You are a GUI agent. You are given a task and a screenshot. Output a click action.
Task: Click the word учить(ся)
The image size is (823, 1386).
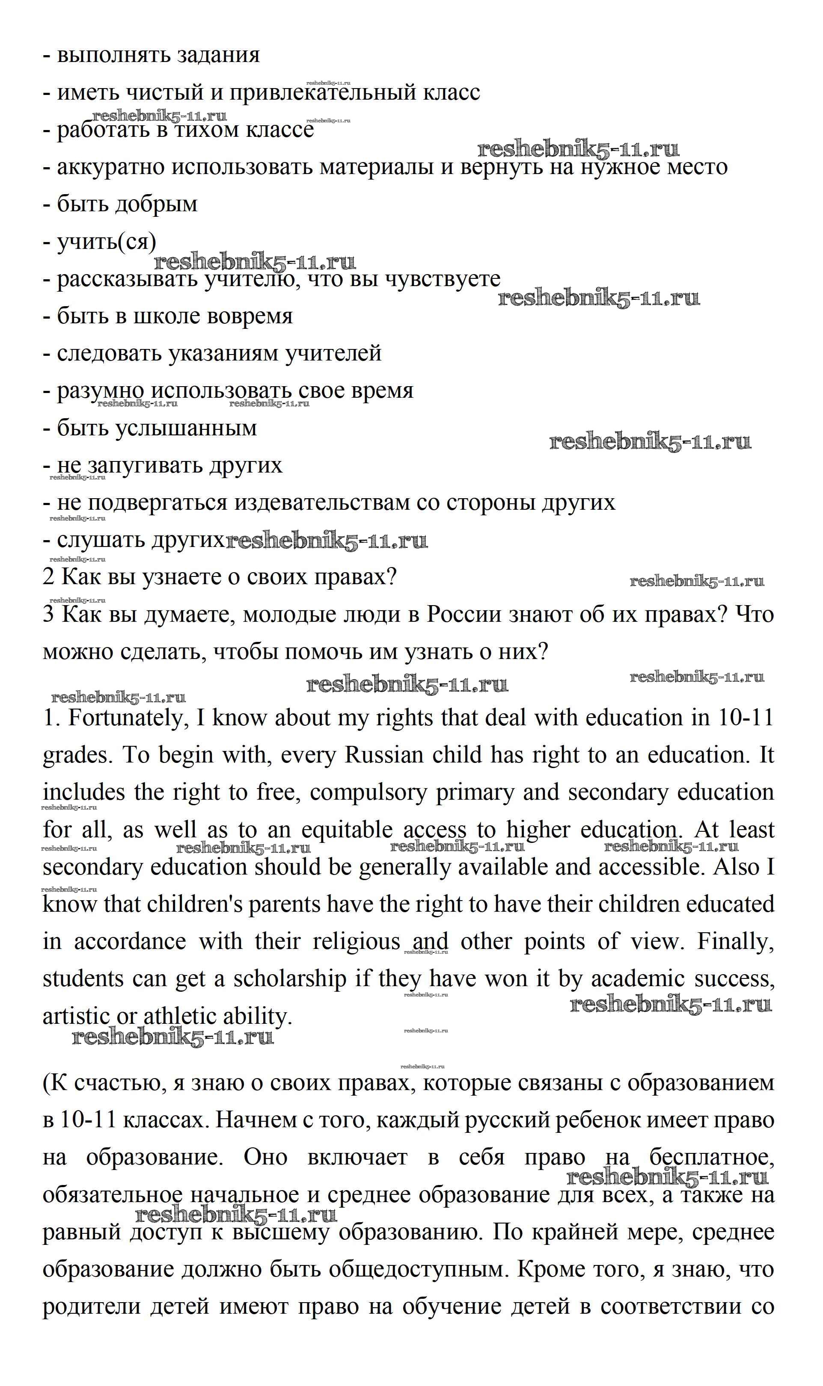[107, 242]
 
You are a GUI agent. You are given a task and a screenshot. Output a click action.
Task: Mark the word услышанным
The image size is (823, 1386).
[186, 428]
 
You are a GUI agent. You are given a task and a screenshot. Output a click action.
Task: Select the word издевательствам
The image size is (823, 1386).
[322, 502]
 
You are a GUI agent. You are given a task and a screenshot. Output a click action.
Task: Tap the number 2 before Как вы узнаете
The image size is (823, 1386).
[49, 577]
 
